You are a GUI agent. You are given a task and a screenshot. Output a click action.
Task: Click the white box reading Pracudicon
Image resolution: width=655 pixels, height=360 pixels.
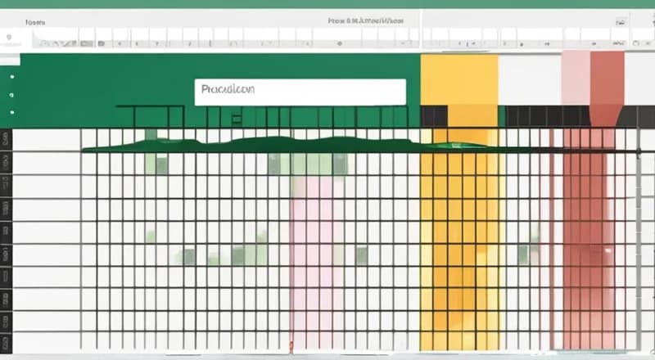click(x=300, y=92)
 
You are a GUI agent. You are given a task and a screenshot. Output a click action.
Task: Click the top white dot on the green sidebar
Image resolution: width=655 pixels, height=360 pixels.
click(x=12, y=76)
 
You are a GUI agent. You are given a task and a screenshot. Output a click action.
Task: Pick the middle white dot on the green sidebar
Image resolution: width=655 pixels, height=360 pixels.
click(x=12, y=93)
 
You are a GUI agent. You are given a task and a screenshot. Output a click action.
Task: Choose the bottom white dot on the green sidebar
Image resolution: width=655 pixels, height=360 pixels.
click(x=12, y=111)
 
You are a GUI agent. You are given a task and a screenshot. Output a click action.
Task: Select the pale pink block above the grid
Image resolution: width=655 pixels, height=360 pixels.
click(x=576, y=78)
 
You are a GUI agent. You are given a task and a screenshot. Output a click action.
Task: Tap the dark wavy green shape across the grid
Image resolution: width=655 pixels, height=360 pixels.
click(x=270, y=145)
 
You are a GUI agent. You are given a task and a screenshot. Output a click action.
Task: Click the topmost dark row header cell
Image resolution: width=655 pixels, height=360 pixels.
click(x=6, y=139)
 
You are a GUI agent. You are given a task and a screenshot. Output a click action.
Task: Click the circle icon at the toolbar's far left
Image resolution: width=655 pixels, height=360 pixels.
click(x=9, y=38)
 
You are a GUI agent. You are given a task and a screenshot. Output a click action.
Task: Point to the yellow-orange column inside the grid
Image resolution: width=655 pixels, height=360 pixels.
click(x=458, y=245)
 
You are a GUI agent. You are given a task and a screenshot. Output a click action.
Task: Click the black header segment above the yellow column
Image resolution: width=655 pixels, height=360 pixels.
click(x=434, y=116)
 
